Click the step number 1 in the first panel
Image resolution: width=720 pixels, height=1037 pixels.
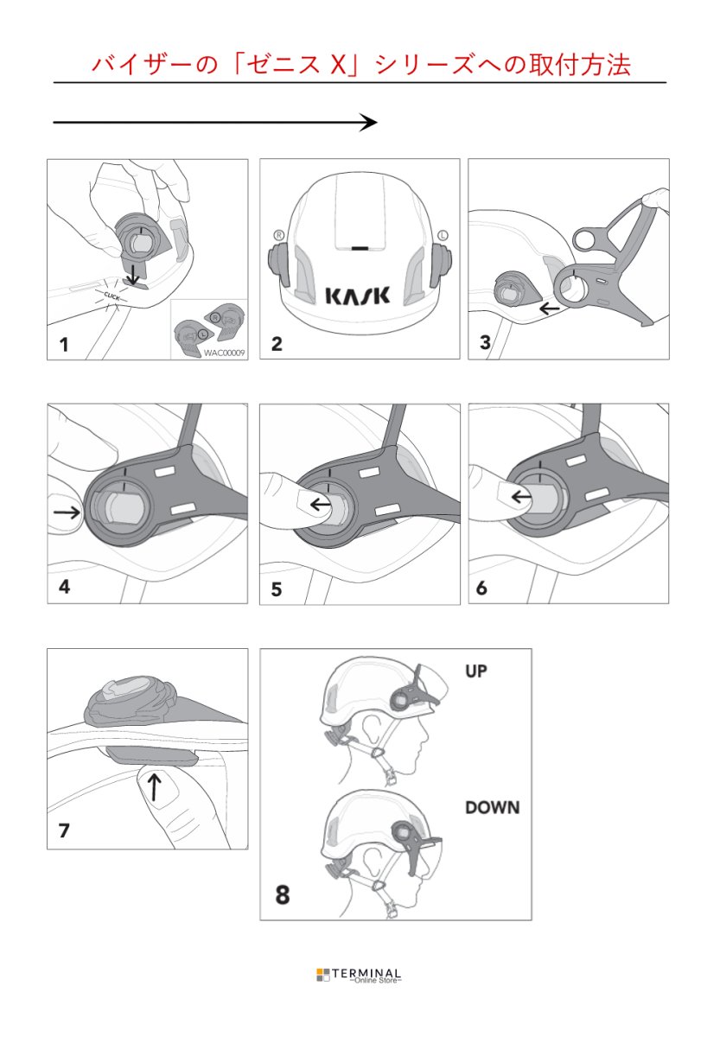(63, 345)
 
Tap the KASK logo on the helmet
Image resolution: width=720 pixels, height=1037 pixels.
(357, 296)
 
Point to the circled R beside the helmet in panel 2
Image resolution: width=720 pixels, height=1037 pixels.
(278, 234)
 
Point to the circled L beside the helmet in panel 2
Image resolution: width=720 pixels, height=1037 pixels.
(443, 234)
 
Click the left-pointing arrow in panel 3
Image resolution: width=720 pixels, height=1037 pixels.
(549, 307)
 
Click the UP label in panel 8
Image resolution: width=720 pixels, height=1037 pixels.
(477, 671)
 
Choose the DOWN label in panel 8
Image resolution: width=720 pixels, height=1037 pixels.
(492, 808)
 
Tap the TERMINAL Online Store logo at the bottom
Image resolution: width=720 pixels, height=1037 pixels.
(359, 976)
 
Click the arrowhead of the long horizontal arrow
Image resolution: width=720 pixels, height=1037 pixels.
(369, 123)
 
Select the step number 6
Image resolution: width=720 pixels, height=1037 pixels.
(481, 588)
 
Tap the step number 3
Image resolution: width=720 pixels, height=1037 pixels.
(485, 343)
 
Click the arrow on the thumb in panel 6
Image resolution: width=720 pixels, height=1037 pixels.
(521, 496)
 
